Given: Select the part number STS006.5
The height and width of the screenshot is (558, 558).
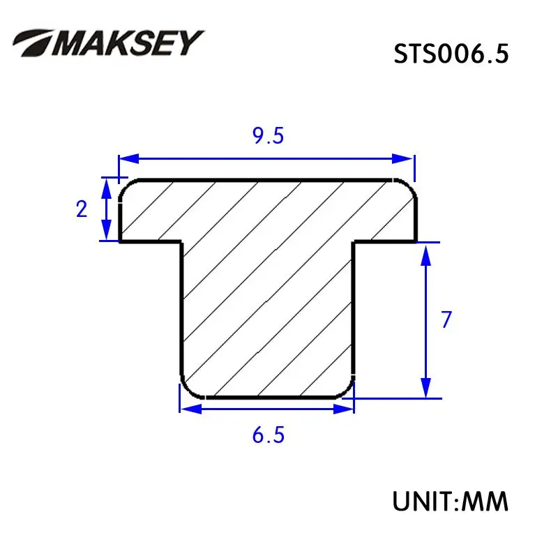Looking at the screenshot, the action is coord(451,54).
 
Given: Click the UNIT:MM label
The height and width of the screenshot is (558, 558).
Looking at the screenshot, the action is coord(450,502).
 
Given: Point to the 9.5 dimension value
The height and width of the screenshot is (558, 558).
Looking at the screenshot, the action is coord(269,135).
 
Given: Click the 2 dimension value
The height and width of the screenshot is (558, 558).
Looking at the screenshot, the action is coord(82,209).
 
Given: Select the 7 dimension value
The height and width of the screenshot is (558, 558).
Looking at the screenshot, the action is coord(446,319).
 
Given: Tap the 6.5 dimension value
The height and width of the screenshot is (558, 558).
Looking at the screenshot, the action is coord(269,435).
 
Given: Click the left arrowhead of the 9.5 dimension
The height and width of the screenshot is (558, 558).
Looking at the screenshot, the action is coord(129,159).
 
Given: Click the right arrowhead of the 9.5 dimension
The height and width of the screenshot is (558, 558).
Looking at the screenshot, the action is coord(402,159).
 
